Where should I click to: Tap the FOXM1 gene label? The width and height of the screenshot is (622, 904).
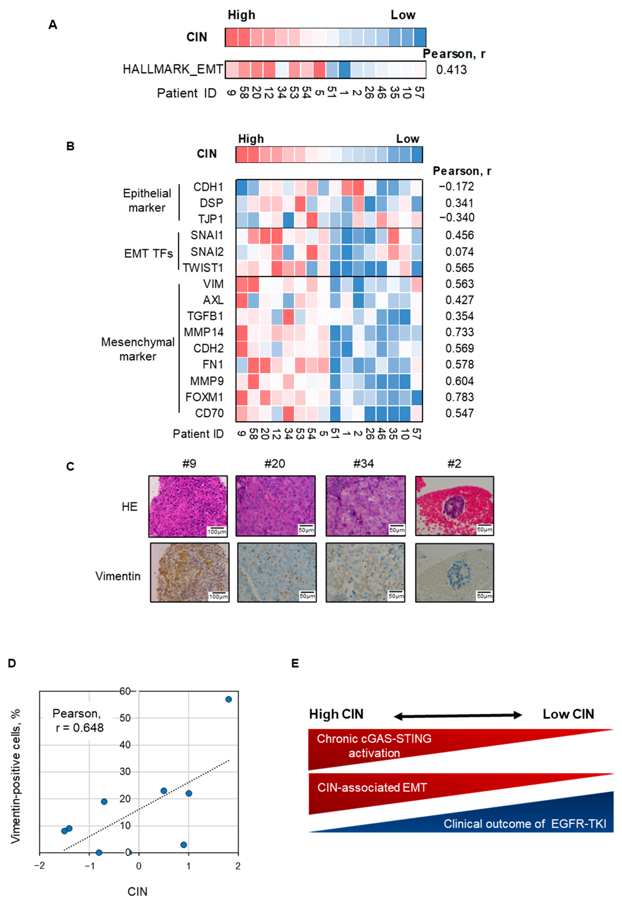[204, 397]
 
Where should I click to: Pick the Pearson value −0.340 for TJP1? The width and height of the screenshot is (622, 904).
[457, 217]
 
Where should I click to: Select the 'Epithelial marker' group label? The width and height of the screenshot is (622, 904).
[147, 200]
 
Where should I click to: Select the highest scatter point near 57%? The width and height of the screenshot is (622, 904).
[229, 699]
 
